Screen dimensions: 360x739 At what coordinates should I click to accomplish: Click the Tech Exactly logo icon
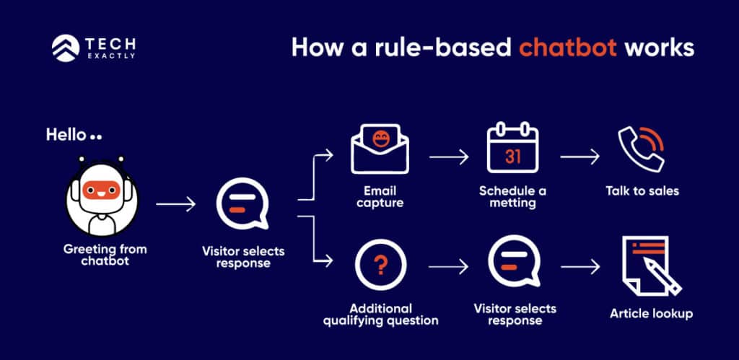click(64, 48)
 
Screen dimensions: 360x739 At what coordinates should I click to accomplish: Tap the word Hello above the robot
click(66, 135)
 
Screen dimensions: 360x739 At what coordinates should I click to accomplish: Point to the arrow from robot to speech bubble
click(175, 205)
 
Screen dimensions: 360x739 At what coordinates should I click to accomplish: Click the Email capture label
click(380, 197)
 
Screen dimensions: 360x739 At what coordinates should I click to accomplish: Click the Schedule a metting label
click(512, 197)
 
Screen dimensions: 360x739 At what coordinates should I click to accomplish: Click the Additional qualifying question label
click(380, 314)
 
